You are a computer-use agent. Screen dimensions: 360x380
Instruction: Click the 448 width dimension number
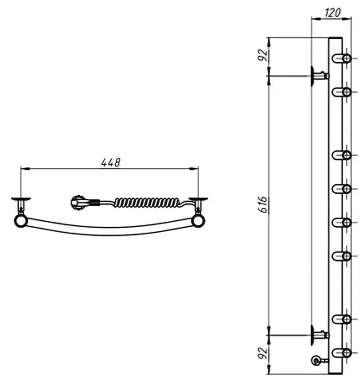111,163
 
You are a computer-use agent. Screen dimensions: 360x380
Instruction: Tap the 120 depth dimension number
333,12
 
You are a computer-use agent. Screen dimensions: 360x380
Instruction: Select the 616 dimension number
264,205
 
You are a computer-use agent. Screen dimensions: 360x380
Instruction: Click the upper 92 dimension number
264,55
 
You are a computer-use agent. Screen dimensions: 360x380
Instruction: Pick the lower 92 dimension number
264,353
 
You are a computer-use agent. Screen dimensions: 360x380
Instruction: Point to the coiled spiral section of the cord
147,202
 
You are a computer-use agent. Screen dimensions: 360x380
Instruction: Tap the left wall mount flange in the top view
21,199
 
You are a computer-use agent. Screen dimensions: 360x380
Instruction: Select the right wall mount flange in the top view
198,199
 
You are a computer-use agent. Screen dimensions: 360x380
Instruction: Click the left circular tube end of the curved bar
21,221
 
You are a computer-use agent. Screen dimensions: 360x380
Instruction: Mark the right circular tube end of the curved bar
198,221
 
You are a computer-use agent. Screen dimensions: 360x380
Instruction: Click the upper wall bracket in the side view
319,76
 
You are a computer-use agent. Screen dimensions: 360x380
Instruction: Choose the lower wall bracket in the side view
319,335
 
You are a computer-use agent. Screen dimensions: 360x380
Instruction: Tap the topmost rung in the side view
341,58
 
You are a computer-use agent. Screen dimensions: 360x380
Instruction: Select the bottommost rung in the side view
341,353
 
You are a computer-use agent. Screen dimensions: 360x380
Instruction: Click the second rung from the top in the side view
341,92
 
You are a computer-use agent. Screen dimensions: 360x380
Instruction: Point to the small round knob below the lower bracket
316,360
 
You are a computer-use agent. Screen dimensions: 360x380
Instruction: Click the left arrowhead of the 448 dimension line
25,168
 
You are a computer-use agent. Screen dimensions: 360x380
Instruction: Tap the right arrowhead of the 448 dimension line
194,168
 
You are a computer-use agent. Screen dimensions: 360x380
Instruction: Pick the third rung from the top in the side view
341,155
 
